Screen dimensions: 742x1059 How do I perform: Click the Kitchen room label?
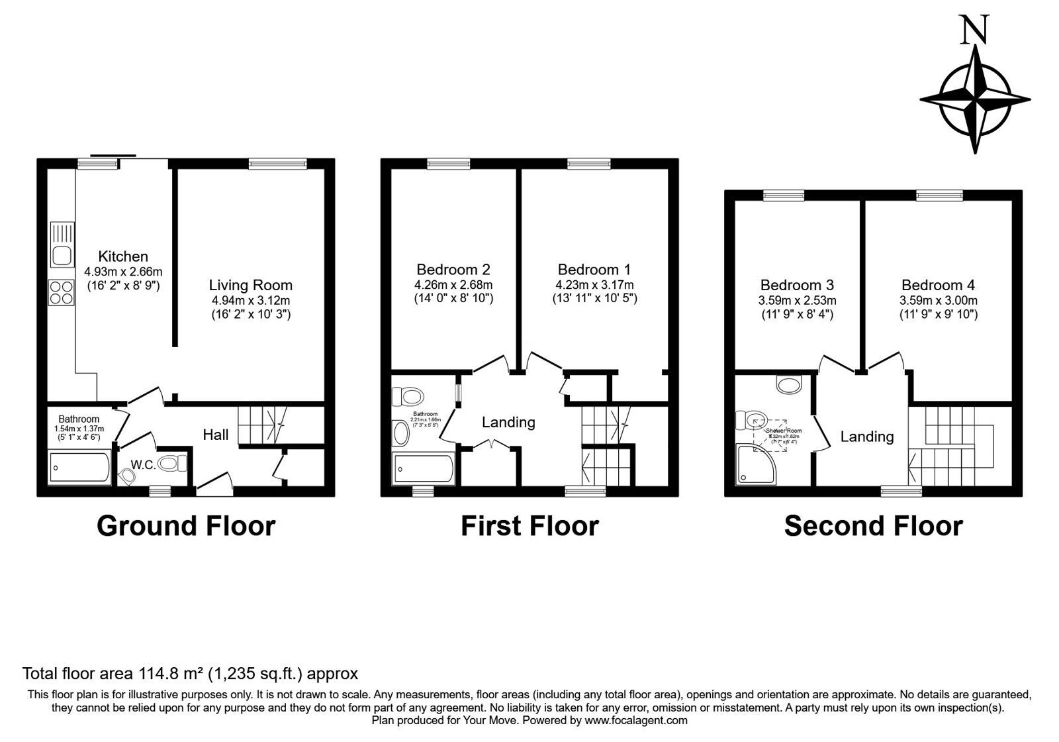(x=123, y=256)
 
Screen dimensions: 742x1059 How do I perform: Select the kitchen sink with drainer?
(x=62, y=244)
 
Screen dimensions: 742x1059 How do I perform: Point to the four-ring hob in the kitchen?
(x=61, y=292)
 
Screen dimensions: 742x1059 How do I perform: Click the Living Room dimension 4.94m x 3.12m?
(x=250, y=300)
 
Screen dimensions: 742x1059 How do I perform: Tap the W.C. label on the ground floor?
(x=143, y=465)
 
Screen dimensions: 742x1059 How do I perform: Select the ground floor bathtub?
(x=79, y=468)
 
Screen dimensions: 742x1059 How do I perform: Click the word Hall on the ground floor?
(x=216, y=435)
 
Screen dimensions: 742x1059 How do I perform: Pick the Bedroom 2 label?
(x=453, y=270)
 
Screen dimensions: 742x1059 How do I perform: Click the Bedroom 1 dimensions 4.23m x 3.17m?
(x=594, y=285)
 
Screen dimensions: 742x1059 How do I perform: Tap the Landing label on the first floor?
(x=508, y=422)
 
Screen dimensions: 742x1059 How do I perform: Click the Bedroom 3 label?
(x=797, y=285)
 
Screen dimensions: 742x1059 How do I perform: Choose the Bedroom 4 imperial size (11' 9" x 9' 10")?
(x=938, y=314)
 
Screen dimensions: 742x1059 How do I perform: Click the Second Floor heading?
(x=873, y=526)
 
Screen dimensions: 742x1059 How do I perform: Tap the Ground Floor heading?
(x=186, y=526)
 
